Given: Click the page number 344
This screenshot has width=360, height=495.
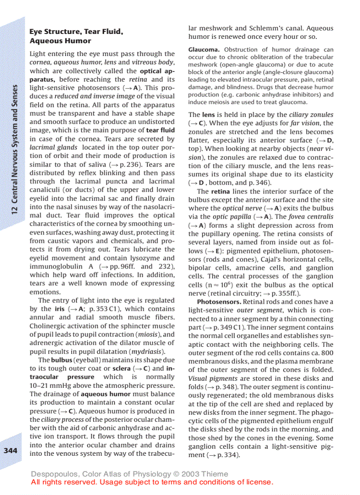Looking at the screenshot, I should click(x=10, y=450).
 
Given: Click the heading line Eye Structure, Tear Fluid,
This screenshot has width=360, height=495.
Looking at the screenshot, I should click(x=76, y=32).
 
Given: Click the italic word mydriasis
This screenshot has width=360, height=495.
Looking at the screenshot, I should click(x=150, y=351).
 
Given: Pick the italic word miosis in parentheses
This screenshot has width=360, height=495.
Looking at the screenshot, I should click(x=148, y=334).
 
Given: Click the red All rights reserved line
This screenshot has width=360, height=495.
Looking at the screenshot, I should click(x=152, y=482).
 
